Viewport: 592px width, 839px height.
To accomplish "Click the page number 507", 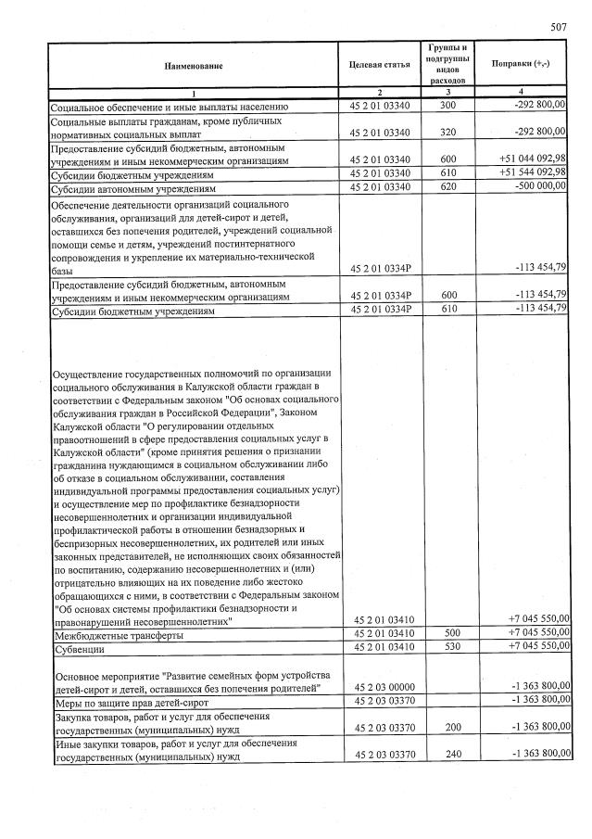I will point(557,28).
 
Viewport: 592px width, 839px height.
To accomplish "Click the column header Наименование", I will point(195,67).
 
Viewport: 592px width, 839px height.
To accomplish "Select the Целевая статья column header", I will point(379,67).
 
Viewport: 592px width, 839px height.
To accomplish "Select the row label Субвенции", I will point(80,646).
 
